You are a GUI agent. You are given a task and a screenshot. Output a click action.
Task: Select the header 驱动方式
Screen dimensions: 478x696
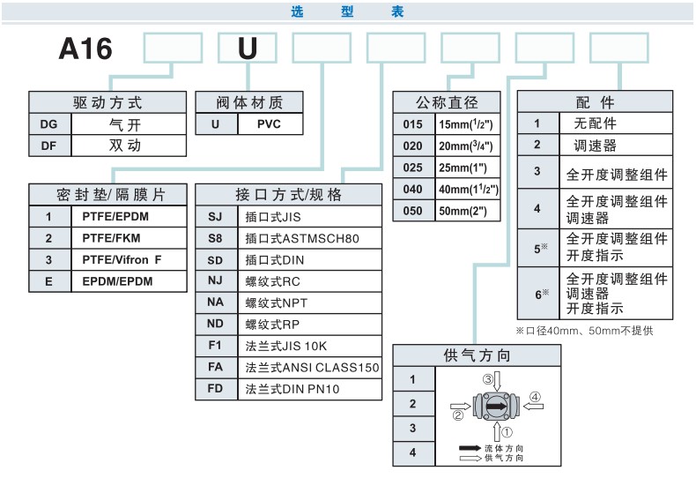[x=107, y=103]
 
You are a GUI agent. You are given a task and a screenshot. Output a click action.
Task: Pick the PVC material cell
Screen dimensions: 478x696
[x=269, y=124]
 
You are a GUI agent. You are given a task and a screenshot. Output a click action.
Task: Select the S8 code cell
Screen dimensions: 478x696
[x=216, y=238]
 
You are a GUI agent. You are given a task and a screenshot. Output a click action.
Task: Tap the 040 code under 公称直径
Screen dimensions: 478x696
[x=412, y=190]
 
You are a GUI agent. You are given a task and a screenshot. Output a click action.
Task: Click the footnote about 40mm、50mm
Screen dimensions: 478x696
[x=585, y=331]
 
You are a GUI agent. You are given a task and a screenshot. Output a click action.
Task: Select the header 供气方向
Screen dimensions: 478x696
[x=477, y=356]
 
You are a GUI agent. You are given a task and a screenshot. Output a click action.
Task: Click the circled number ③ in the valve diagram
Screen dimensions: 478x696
[x=487, y=378]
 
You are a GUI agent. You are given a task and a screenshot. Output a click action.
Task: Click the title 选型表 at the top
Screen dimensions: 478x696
[x=347, y=12]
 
